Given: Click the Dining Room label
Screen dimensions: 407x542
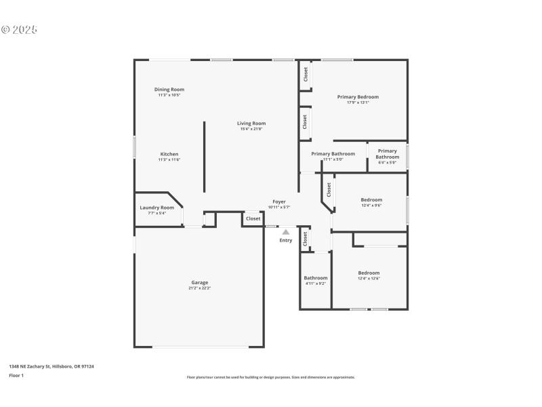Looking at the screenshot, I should pos(169,90).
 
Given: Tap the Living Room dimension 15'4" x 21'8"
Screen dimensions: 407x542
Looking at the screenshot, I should pos(251,130).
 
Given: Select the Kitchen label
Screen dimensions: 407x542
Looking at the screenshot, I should pos(169,154).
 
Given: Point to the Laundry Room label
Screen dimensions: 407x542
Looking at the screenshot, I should pos(157,208).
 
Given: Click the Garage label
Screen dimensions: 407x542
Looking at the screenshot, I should pos(199,282).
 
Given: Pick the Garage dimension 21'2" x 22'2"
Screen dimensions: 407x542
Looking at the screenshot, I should pos(199,288).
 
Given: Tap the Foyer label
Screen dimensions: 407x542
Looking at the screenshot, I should pos(279,201).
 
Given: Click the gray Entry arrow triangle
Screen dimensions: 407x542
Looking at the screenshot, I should pos(286,232).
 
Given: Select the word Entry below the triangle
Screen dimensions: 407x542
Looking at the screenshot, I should pos(286,240).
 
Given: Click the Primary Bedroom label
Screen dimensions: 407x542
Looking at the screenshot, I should pos(358,97).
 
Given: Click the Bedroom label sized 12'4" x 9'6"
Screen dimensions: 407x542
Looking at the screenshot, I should pos(371,200).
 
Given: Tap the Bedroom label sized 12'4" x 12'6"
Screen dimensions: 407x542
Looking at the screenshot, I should pos(369,273).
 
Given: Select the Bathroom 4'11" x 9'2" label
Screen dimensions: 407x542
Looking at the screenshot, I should pos(316,278).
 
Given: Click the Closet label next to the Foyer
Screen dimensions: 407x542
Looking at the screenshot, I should pos(253,218).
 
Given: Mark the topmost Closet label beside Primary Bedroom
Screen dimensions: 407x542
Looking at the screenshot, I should pos(306,74).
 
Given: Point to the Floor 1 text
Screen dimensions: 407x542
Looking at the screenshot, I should pos(16,375).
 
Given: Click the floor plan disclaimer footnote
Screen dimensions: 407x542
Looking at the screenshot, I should pos(270,377).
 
